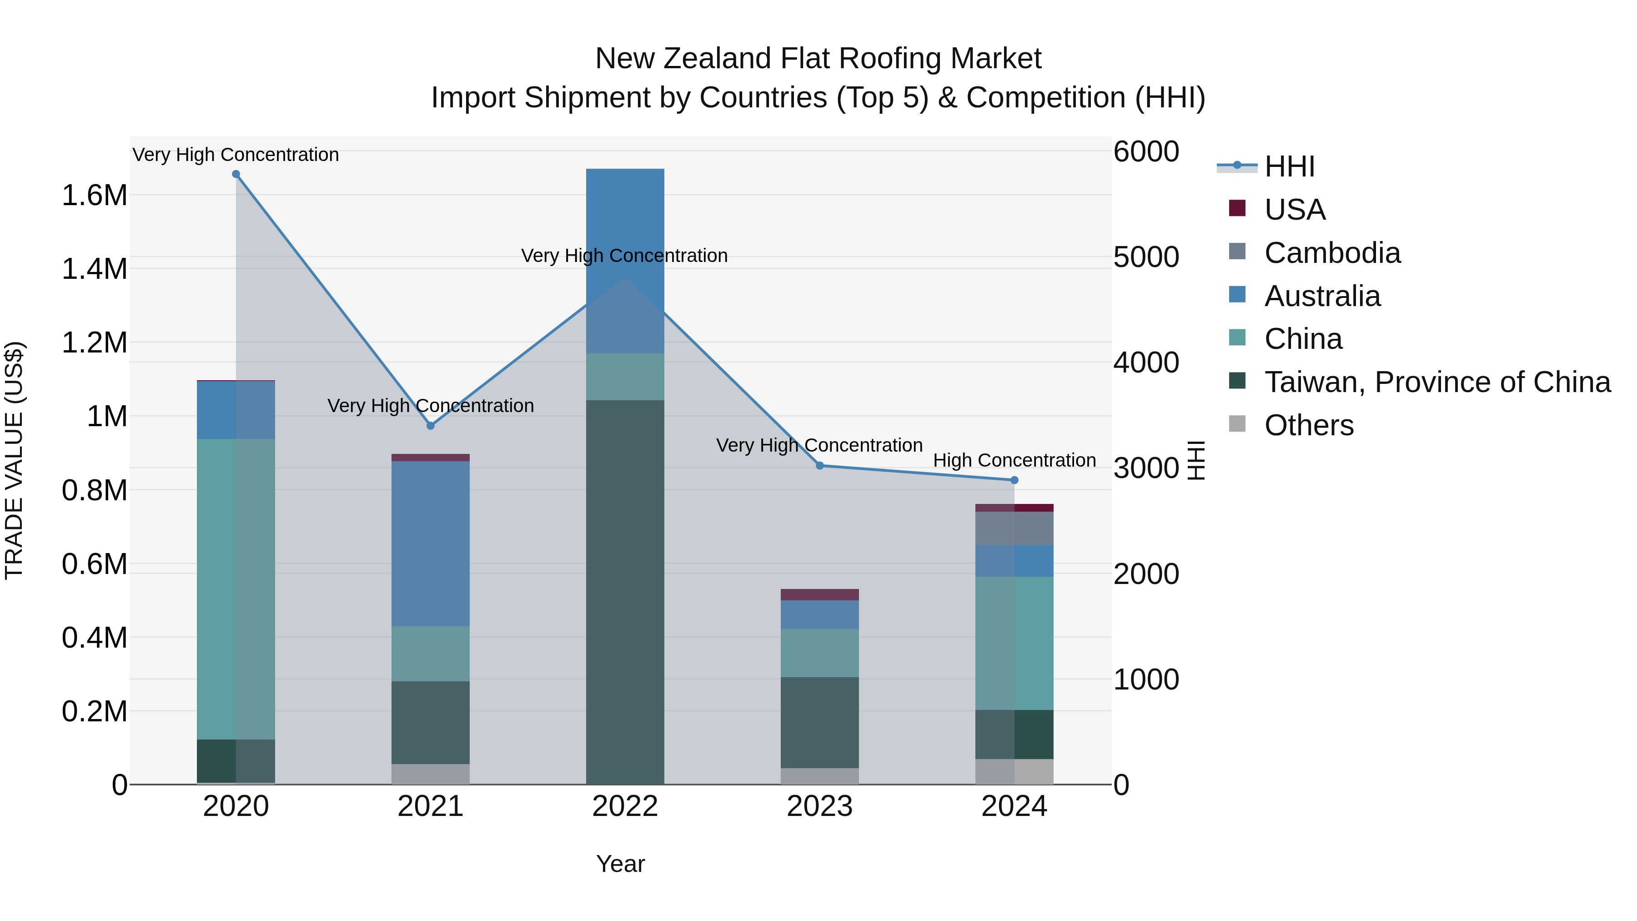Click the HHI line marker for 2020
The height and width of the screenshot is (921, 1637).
(x=236, y=174)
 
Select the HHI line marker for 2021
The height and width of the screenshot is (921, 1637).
(x=431, y=426)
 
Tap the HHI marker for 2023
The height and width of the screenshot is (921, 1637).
(x=820, y=466)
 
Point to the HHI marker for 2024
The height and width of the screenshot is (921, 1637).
(x=1014, y=481)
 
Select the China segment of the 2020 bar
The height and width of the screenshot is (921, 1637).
(x=236, y=588)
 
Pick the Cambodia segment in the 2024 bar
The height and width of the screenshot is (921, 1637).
(x=1014, y=528)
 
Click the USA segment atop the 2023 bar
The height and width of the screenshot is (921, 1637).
(x=820, y=595)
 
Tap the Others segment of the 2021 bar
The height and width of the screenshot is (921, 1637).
(x=431, y=774)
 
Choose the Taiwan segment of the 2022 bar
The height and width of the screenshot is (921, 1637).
(x=625, y=591)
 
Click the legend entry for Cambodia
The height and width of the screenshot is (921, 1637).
(x=1332, y=253)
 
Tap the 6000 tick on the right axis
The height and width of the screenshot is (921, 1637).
(x=1146, y=152)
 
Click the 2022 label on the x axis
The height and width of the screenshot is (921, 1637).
(x=625, y=806)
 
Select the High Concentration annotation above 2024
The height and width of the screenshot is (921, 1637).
(x=1014, y=460)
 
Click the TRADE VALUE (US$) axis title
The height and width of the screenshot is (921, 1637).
(x=14, y=460)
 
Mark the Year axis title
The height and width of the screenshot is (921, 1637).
(x=620, y=864)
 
